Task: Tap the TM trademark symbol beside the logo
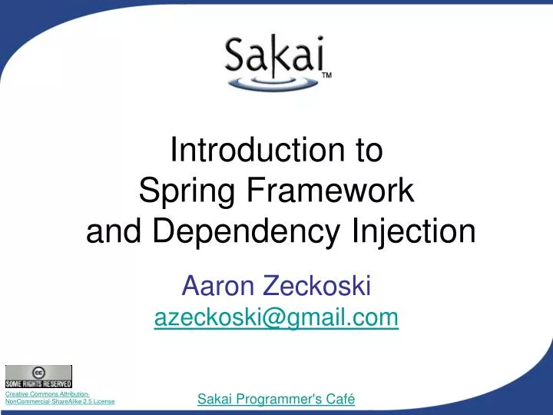click(x=326, y=75)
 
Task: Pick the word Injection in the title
click(x=416, y=231)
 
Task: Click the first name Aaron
click(x=219, y=287)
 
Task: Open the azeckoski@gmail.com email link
click(x=276, y=317)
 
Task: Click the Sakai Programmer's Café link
click(x=276, y=399)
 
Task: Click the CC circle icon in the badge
click(x=38, y=372)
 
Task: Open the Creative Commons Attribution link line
click(x=47, y=393)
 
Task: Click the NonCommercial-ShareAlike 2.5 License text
click(x=60, y=401)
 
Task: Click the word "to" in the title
click(x=367, y=150)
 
